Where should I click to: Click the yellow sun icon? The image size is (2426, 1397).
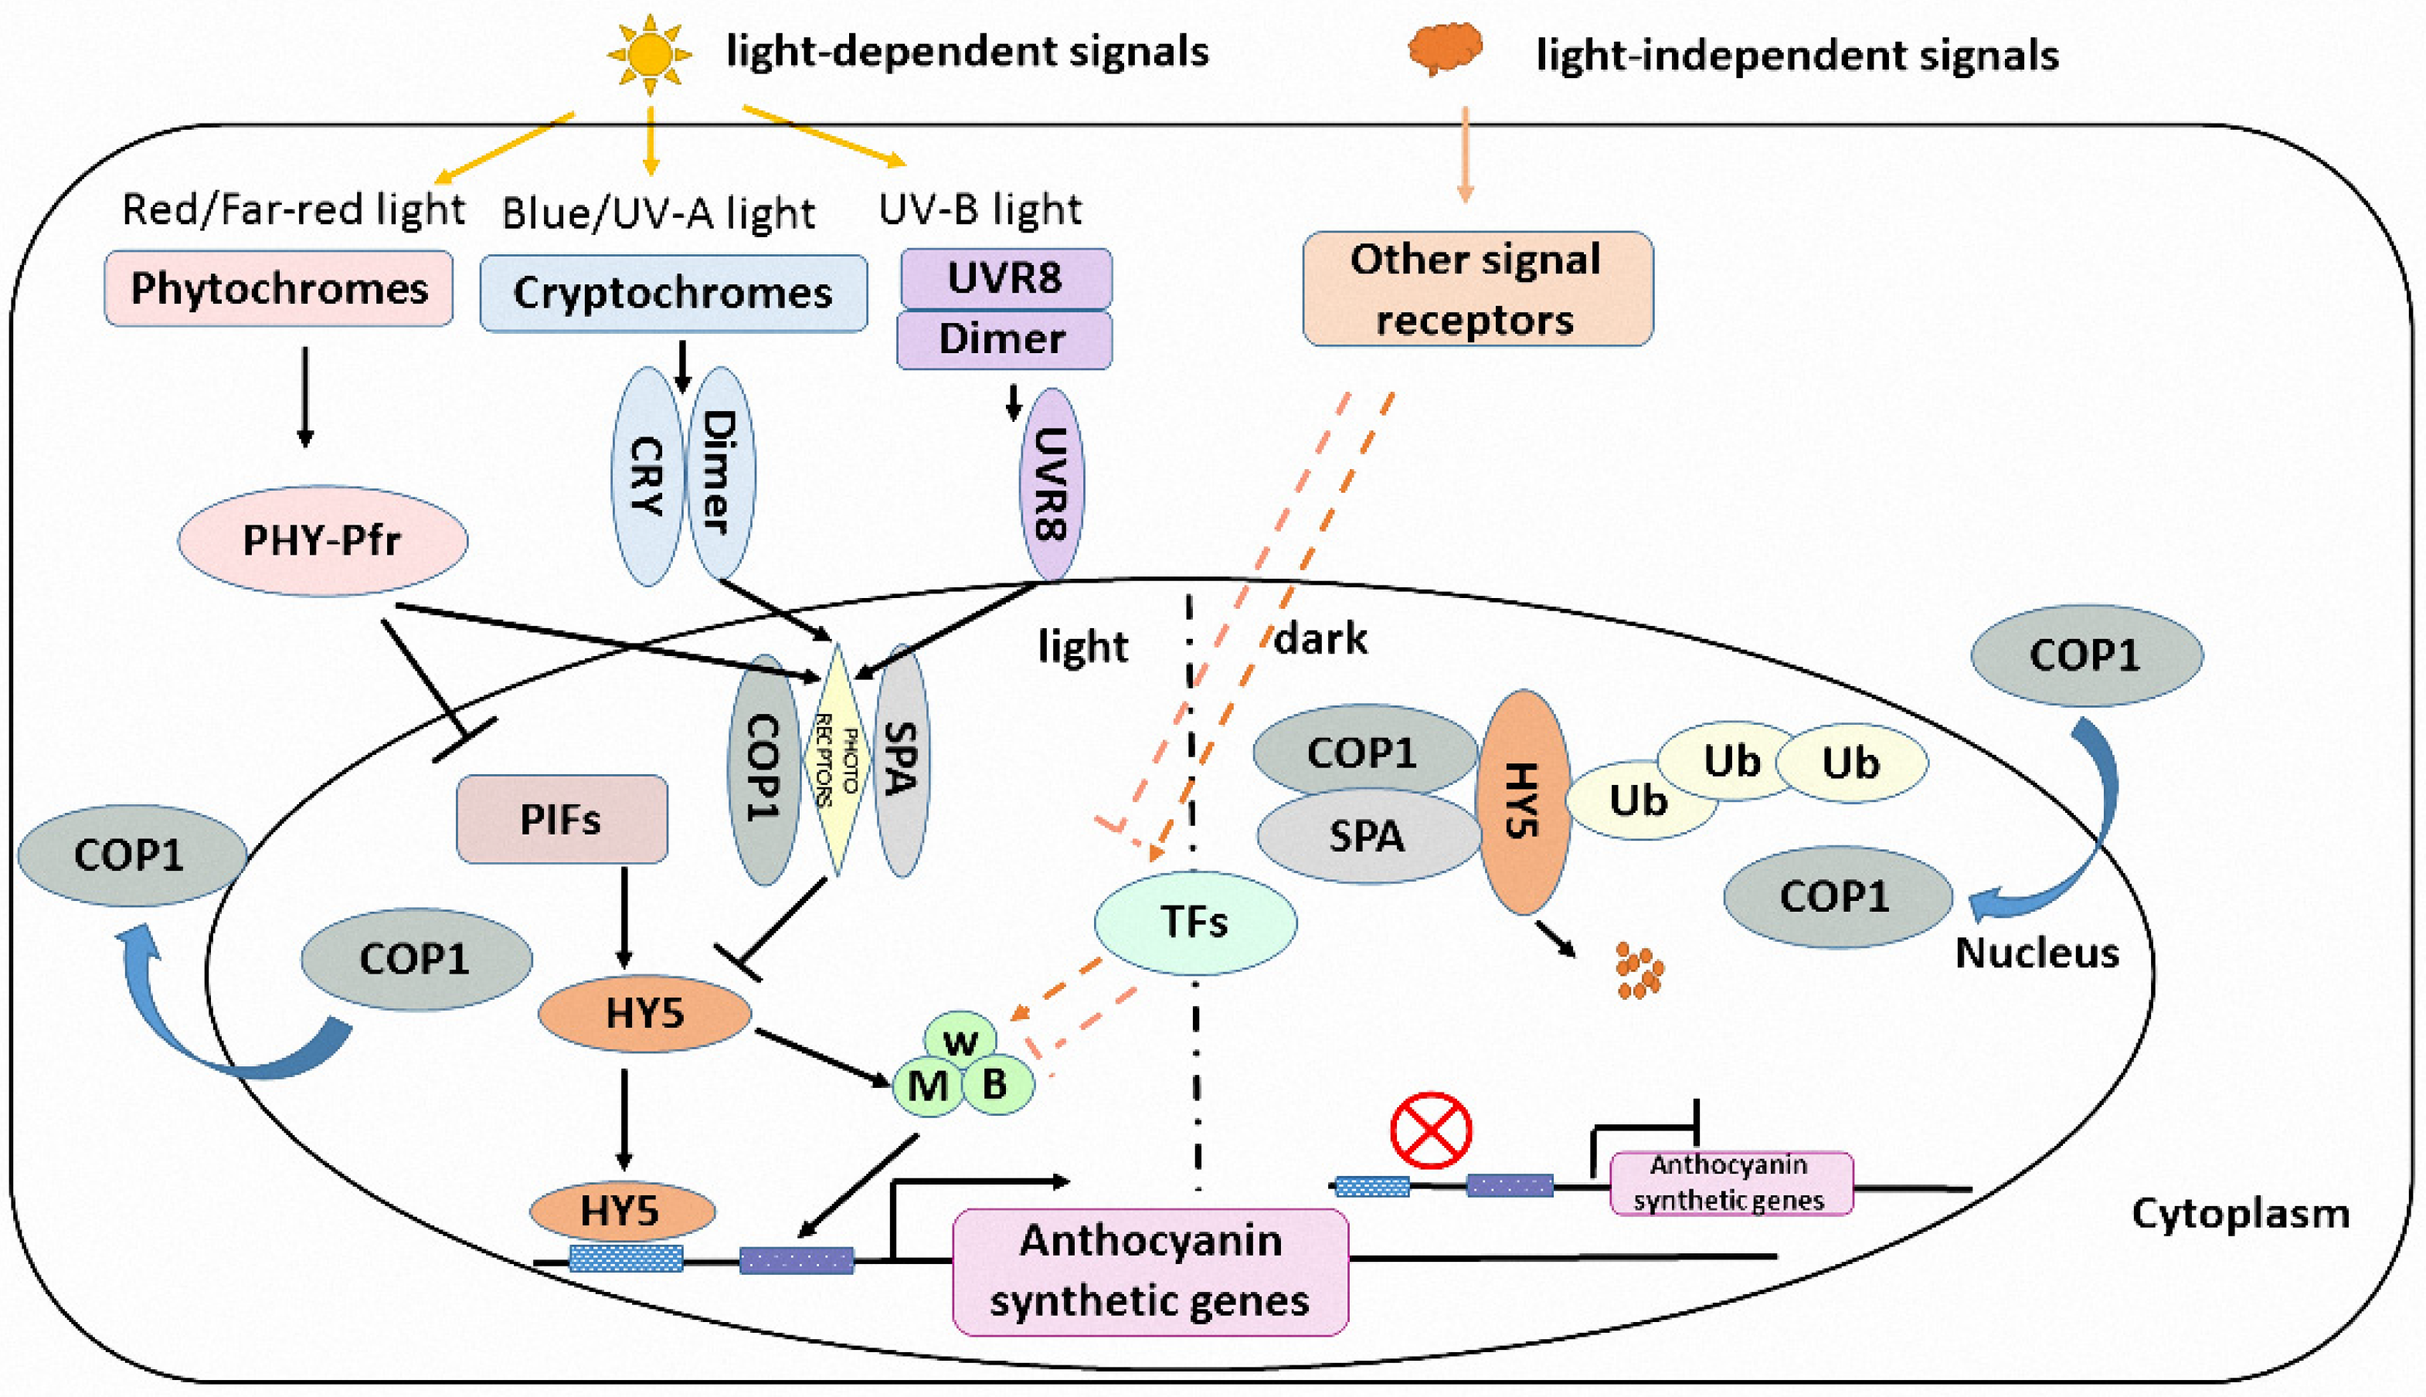(x=650, y=54)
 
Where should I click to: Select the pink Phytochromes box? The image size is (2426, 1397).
(x=278, y=288)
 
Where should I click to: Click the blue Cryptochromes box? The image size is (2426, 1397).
(x=674, y=293)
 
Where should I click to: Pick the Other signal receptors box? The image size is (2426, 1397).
(x=1477, y=288)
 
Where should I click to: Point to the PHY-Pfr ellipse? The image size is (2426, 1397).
(x=322, y=540)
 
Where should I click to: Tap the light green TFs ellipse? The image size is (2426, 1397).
(x=1195, y=922)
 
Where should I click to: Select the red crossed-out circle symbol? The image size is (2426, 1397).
(x=1431, y=1130)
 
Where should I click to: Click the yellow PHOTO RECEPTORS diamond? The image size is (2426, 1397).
(x=838, y=760)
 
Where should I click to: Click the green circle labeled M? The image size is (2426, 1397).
(x=928, y=1085)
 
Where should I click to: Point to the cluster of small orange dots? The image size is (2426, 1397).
(x=1639, y=970)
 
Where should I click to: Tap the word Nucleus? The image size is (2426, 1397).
(x=2037, y=953)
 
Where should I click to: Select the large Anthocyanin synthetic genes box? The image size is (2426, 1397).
(x=1150, y=1271)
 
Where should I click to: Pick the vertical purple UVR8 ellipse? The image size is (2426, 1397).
(x=1052, y=484)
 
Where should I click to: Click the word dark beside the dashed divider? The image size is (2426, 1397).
(x=1321, y=638)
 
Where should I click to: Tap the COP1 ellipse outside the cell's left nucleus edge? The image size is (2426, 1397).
(x=131, y=855)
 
